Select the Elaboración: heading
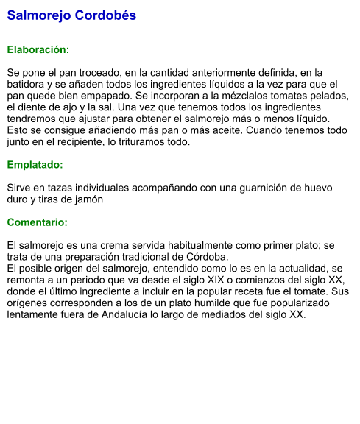click(x=38, y=50)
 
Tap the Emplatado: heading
click(x=35, y=165)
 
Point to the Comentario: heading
click(x=37, y=222)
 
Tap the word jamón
click(x=88, y=199)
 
